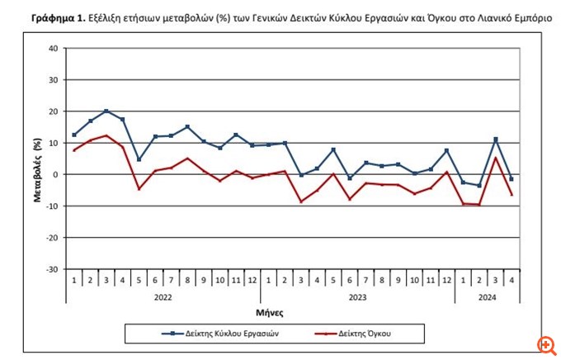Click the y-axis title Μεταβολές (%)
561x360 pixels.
click(38, 159)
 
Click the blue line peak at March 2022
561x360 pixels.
click(107, 111)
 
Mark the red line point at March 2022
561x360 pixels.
click(107, 135)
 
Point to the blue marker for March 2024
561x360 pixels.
click(495, 139)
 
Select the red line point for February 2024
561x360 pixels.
click(478, 204)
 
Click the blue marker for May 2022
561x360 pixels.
click(139, 159)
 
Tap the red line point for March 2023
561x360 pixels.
click(301, 201)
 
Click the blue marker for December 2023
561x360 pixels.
click(446, 150)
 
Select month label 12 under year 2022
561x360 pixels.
click(252, 280)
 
